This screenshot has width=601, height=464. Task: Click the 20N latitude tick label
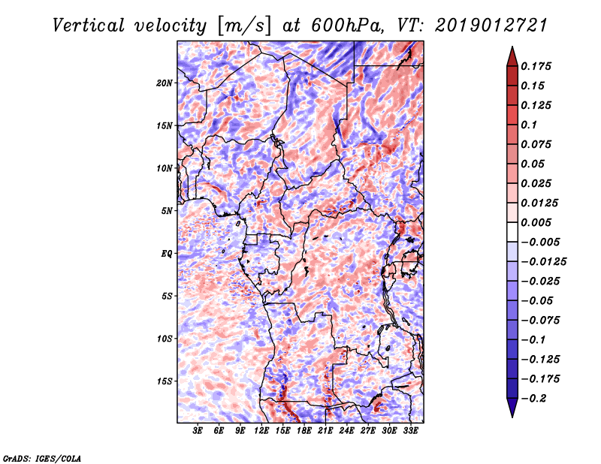pyautogui.click(x=165, y=83)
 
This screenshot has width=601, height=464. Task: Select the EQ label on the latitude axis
pyautogui.click(x=166, y=254)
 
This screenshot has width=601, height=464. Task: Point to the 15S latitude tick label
pyautogui.click(x=165, y=381)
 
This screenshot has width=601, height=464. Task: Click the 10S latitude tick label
pyautogui.click(x=165, y=339)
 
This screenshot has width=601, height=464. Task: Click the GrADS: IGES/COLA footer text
pyautogui.click(x=41, y=457)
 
